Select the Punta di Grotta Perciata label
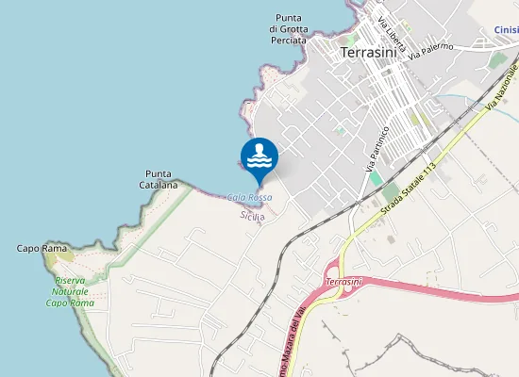coord(288,29)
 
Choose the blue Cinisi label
coord(506,29)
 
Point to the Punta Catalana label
coord(159,179)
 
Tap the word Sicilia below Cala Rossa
coord(252,216)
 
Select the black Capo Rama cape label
coord(42,248)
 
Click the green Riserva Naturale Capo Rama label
coord(70,291)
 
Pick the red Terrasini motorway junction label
coord(343,282)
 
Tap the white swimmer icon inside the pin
coord(259,154)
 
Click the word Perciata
coord(289,41)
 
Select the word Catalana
coord(159,185)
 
